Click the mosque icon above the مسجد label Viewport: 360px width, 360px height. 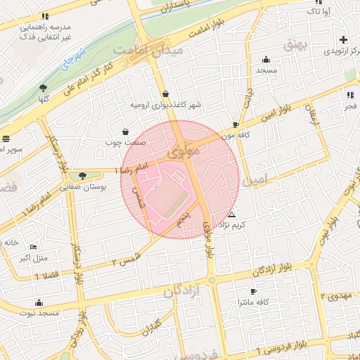click(x=266, y=60)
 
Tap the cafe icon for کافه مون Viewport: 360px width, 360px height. click(x=236, y=124)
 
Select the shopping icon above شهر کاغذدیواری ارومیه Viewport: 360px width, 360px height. click(x=165, y=94)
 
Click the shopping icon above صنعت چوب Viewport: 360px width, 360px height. click(x=125, y=131)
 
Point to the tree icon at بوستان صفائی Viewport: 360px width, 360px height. click(x=83, y=176)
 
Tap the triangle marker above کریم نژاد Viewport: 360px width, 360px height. click(x=231, y=214)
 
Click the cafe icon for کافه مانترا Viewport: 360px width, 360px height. click(x=253, y=291)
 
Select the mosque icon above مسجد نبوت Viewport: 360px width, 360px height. click(x=38, y=304)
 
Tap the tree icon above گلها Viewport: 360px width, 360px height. click(x=43, y=88)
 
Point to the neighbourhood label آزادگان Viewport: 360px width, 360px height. click(x=182, y=291)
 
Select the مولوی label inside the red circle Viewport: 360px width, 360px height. click(x=181, y=151)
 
